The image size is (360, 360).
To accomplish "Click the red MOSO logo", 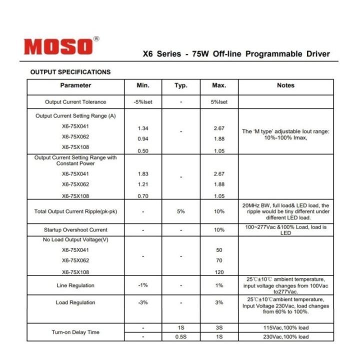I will [x=58, y=46].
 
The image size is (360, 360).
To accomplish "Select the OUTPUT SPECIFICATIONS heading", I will [x=70, y=72].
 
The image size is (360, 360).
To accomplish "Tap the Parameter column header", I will [x=75, y=85].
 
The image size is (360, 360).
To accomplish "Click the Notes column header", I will [x=285, y=85].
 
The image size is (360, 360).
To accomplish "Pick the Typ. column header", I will [x=180, y=85].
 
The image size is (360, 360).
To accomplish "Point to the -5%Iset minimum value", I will [x=142, y=102].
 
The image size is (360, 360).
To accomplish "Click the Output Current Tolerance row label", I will [x=75, y=102].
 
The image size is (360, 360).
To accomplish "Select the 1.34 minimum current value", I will [x=142, y=128].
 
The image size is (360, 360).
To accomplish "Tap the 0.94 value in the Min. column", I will [x=142, y=139].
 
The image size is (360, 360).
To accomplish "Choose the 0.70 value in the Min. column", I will [x=142, y=196].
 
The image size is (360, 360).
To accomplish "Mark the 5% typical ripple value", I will [x=180, y=211].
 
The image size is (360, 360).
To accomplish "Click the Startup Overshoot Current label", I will [x=75, y=230].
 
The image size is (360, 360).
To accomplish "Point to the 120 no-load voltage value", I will [x=219, y=272].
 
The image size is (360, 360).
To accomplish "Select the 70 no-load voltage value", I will [x=219, y=260].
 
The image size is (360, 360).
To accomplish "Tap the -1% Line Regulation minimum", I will [x=142, y=285].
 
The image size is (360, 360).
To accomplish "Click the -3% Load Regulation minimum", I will [x=142, y=302].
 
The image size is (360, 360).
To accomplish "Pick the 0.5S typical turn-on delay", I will [x=180, y=336].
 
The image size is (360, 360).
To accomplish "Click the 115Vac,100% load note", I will [x=285, y=327].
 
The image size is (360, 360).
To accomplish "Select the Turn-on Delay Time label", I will [x=75, y=332].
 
